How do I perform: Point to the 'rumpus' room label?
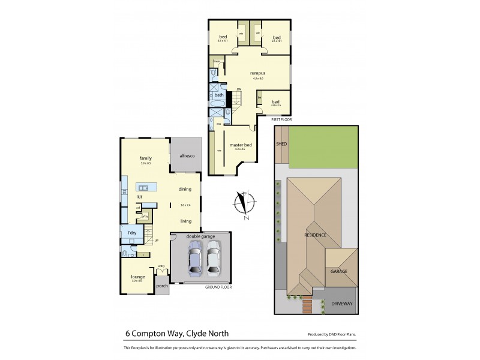coord(257,73)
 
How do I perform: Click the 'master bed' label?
coord(240,145)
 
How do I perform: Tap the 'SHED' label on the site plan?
coord(281,145)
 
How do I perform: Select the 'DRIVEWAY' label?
coord(342,304)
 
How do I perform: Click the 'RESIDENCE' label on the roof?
coord(315,235)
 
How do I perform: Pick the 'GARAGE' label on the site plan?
coord(340,271)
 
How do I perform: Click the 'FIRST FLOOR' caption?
coord(280,120)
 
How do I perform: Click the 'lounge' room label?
coord(138,277)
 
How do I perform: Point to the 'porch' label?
coord(162,286)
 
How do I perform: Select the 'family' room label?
coord(146,158)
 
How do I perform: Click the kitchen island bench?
coord(146,187)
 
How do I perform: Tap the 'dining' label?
coord(185,190)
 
